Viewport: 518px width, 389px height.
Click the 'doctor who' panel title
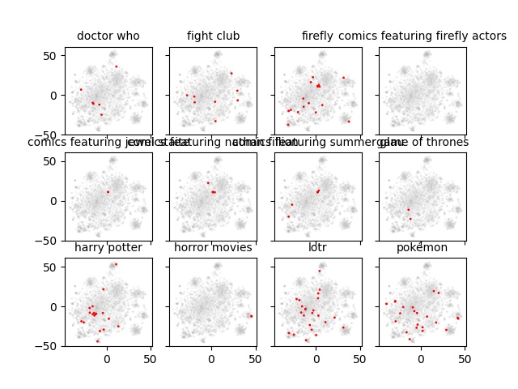coord(108,36)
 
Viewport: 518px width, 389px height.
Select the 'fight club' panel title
coord(213,36)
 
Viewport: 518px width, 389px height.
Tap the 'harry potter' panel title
coord(108,247)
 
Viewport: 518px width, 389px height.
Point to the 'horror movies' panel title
coord(213,247)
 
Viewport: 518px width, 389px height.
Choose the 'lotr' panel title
coord(317,247)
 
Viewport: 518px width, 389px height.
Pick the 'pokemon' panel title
coord(422,247)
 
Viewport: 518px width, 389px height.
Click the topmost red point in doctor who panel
coord(116,66)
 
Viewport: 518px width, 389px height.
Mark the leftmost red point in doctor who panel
coord(81,89)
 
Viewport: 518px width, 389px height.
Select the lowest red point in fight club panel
coord(215,121)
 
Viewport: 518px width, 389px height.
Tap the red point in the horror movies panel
coord(251,316)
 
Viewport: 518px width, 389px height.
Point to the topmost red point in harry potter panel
coord(116,264)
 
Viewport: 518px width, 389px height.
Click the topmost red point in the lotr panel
coord(320,271)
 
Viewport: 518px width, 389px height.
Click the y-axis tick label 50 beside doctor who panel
coord(54,55)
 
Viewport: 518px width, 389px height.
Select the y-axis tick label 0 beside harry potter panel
coord(57,306)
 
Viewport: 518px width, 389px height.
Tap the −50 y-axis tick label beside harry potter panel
coord(51,346)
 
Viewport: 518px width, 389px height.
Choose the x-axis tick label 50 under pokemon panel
coord(465,357)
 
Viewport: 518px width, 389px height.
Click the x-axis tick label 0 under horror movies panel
coord(212,357)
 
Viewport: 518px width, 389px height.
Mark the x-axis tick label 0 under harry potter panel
coord(107,357)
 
